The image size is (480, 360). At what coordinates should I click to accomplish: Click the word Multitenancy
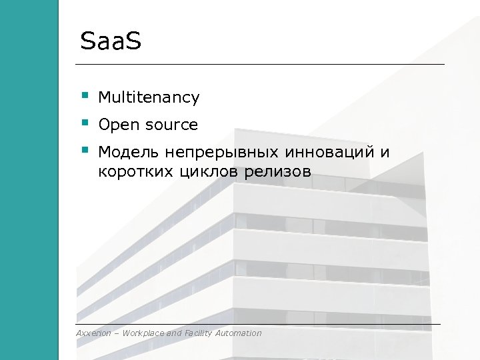click(x=149, y=98)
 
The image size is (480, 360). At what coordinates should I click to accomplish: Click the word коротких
click(x=135, y=172)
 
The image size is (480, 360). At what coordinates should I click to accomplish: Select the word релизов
click(x=279, y=172)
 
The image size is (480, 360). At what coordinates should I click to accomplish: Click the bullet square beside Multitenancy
click(x=85, y=96)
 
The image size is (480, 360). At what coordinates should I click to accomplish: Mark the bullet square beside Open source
click(x=85, y=123)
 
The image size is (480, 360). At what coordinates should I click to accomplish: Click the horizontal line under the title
click(x=260, y=64)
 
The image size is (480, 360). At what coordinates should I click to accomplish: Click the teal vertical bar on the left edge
click(x=29, y=180)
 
